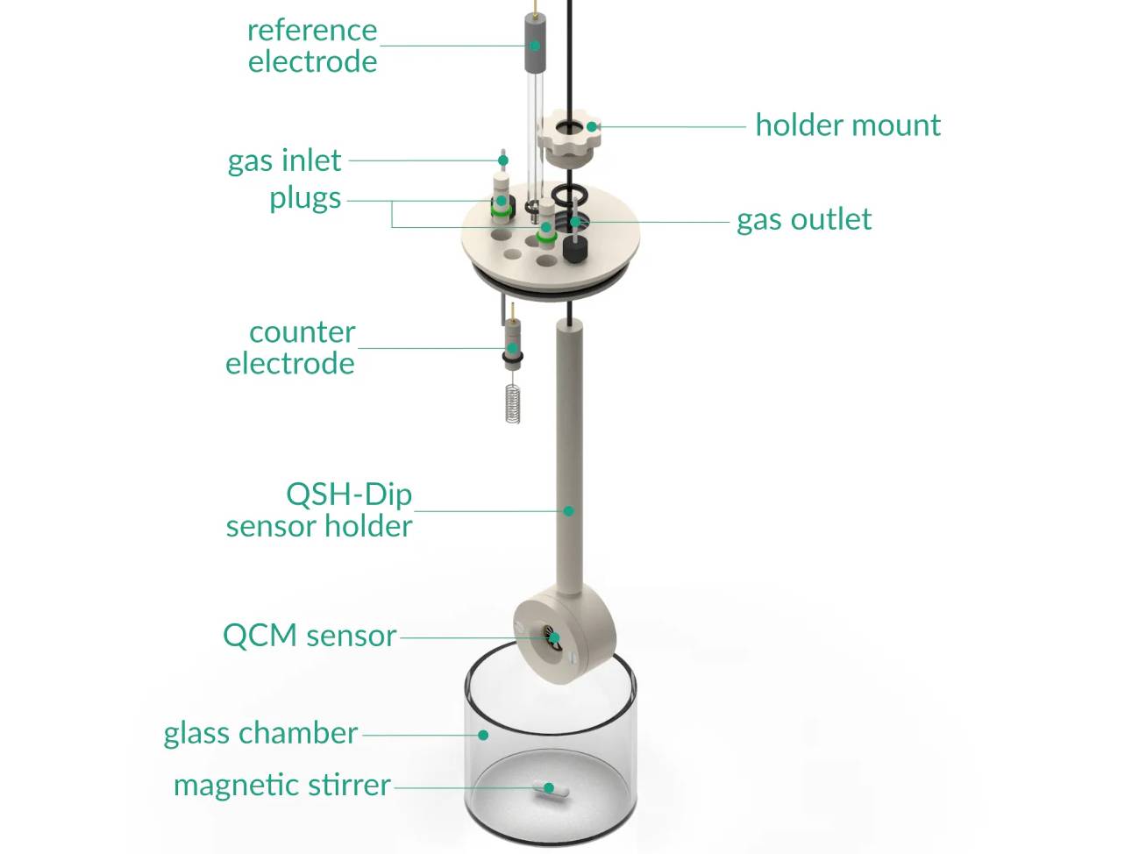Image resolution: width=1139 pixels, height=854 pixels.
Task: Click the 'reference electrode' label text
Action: tap(312, 46)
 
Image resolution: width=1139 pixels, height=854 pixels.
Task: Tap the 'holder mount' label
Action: tap(848, 125)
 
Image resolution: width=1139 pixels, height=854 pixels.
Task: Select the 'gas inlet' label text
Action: tap(284, 160)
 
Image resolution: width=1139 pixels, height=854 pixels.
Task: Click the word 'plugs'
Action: tap(305, 198)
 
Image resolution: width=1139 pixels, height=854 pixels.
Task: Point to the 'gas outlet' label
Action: tap(804, 219)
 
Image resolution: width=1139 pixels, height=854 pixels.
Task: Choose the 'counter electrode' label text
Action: tap(291, 347)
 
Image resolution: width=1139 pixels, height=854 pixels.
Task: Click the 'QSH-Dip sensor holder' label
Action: tap(319, 509)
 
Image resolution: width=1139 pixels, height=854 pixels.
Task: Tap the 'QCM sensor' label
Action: tap(310, 635)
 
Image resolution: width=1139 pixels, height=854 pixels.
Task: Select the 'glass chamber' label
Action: tap(260, 733)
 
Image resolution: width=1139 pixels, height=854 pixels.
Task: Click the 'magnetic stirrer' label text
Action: tap(281, 785)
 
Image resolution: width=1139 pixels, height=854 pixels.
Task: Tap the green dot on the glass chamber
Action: tap(483, 735)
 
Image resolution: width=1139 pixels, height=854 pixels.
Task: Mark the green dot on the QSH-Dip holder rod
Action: tap(568, 510)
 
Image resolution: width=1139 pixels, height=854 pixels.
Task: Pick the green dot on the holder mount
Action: tap(593, 126)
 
